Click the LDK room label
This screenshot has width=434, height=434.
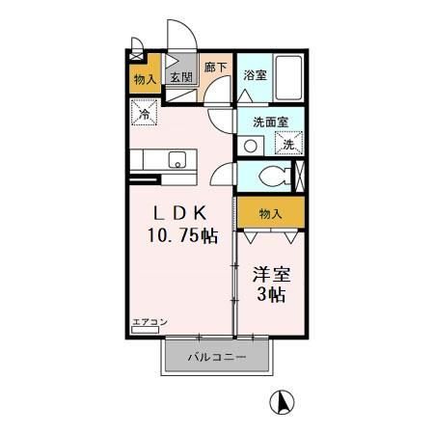pos(180,213)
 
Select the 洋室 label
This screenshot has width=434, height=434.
pos(271,273)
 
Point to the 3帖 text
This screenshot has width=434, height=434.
pos(271,295)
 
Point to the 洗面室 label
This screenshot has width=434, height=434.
pos(271,122)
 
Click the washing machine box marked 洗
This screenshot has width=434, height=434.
pos(287,144)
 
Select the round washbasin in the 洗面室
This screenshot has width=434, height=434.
pos(253,147)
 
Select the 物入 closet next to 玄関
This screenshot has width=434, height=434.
pos(143,76)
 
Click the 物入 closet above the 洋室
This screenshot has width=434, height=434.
pos(271,212)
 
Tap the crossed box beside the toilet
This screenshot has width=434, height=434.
pos(297,177)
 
